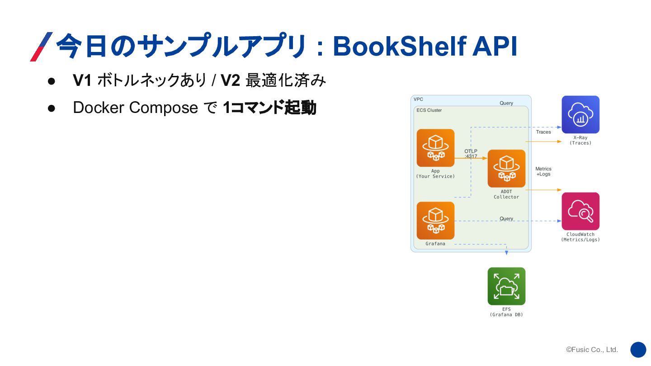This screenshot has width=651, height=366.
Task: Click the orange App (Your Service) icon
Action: tap(435, 148)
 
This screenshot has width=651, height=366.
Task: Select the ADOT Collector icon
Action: tap(506, 168)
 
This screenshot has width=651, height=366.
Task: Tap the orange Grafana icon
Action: tap(435, 221)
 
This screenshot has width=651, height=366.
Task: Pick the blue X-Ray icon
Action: tap(580, 114)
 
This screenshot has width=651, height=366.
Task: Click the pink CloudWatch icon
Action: tap(580, 211)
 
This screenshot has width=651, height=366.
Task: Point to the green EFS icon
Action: tap(506, 286)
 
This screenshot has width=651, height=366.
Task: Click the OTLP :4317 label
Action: tap(471, 154)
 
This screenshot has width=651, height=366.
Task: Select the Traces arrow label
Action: tap(543, 132)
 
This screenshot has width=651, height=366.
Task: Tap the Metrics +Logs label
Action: tap(543, 171)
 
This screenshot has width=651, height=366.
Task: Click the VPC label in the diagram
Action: tap(418, 99)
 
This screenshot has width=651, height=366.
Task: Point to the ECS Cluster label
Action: tap(429, 110)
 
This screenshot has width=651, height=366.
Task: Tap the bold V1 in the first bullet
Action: tap(82, 81)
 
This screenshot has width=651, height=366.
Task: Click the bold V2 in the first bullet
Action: tap(231, 81)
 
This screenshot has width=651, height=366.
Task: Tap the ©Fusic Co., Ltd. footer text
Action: tap(592, 350)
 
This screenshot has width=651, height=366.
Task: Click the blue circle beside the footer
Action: tap(638, 350)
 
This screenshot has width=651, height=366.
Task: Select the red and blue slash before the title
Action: tap(41, 47)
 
